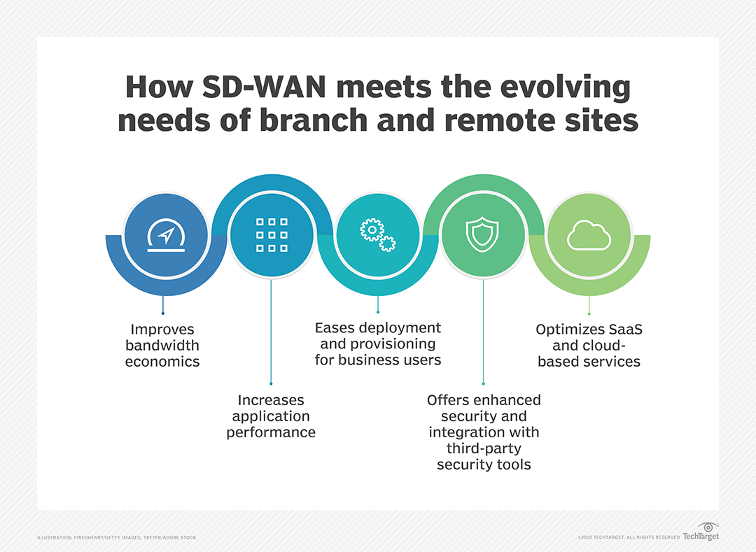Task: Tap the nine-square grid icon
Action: coord(271,234)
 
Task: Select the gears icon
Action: coord(377,234)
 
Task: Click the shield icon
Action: coord(483,234)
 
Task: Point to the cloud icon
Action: coord(589,236)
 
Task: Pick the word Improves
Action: coord(162,329)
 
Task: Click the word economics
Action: coord(162,362)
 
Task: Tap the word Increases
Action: coord(271,400)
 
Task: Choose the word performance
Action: coord(271,432)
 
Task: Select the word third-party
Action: coord(484,448)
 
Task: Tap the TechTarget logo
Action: coord(700,532)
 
